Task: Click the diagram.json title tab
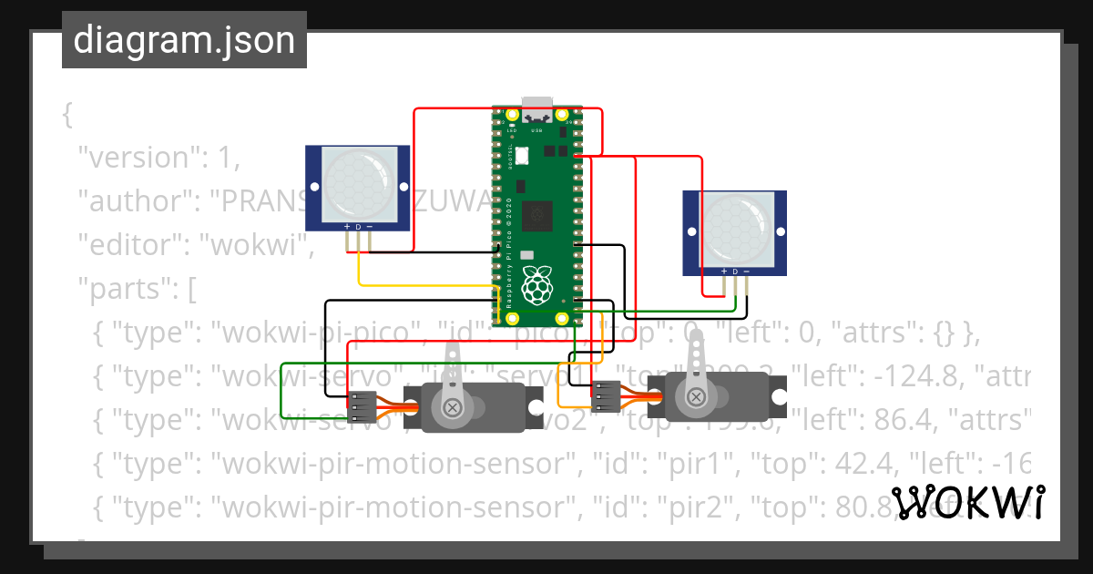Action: (184, 40)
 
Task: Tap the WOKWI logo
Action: (968, 503)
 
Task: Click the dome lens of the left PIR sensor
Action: (361, 181)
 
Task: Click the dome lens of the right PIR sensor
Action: (738, 227)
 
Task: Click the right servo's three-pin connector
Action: (606, 395)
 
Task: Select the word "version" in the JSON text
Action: (137, 158)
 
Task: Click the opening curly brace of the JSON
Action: (66, 114)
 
